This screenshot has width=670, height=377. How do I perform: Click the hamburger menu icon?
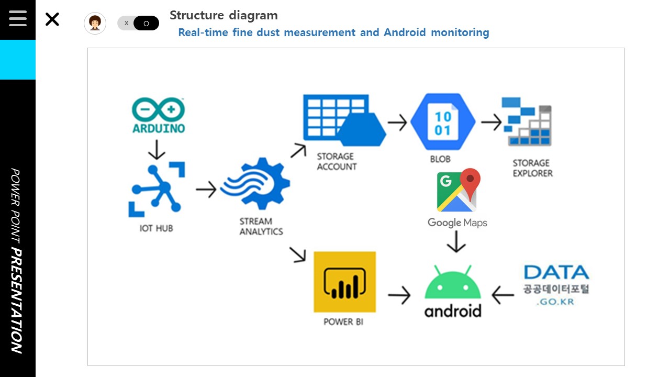point(18,18)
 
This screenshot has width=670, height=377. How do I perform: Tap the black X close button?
point(52,19)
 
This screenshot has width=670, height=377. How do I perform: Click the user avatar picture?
point(95,23)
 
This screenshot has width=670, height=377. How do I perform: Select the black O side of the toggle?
point(146,23)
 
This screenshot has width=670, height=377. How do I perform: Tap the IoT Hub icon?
point(157,190)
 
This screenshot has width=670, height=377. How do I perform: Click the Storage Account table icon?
point(344,120)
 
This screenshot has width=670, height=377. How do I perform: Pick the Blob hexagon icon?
point(443,121)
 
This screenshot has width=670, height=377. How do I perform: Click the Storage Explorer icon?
point(527,121)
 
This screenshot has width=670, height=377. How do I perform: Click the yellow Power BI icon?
point(344,282)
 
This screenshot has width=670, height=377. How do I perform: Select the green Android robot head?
point(453,282)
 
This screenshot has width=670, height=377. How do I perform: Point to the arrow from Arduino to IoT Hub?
point(157,150)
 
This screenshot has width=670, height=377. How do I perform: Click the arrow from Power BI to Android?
point(399,295)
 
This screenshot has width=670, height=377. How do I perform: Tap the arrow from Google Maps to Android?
point(456,242)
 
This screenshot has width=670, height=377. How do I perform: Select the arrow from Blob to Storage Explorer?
point(491,122)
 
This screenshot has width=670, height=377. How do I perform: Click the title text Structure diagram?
point(224,16)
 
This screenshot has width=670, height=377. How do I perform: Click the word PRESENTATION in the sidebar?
point(17,301)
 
